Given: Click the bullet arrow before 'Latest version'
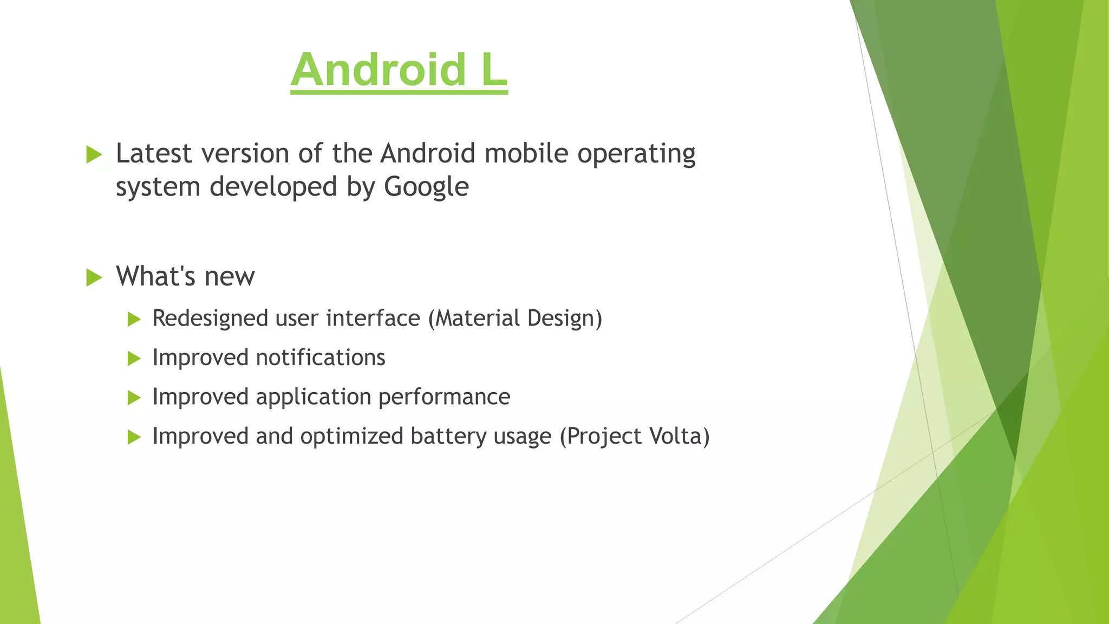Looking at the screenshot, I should point(94,155).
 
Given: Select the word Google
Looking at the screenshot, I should point(426,187).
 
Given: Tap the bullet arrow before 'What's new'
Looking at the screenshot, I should point(94,278).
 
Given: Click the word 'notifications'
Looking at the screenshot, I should point(320,358).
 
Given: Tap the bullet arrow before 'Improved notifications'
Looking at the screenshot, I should point(134,359).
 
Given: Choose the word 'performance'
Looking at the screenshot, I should point(444,397).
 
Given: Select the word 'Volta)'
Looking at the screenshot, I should point(680,437).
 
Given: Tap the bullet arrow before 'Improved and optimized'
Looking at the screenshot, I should point(134,437).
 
